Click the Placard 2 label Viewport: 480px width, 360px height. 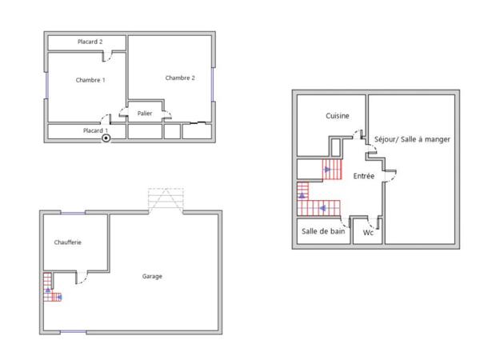(x=90, y=42)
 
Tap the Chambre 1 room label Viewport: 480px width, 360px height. (x=90, y=80)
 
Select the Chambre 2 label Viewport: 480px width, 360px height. (x=180, y=78)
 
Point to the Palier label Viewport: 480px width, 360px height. (x=145, y=114)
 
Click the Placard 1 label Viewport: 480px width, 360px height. (x=95, y=130)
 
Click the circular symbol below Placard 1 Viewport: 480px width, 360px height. (x=106, y=138)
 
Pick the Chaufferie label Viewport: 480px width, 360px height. (x=68, y=242)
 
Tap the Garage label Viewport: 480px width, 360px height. (x=152, y=277)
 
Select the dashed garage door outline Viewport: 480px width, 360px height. (x=166, y=200)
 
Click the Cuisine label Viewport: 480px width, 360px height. (x=337, y=117)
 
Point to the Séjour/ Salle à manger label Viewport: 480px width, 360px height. (x=412, y=139)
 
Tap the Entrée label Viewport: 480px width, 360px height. (x=364, y=175)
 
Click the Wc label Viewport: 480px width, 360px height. (x=368, y=233)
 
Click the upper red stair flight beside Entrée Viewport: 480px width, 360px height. (x=331, y=170)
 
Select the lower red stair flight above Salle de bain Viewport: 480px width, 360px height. (x=320, y=208)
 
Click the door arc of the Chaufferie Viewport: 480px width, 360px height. (x=80, y=278)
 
